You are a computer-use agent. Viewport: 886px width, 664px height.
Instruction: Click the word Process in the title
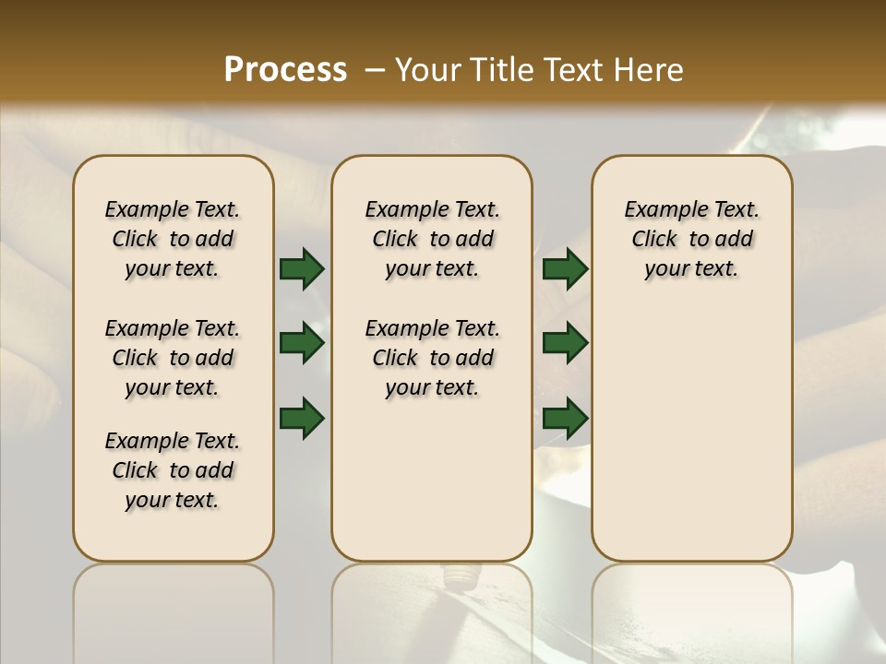click(x=285, y=70)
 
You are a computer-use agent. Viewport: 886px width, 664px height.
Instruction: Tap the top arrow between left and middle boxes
click(x=302, y=269)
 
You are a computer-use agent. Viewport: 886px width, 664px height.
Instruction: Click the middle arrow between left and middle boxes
click(x=302, y=344)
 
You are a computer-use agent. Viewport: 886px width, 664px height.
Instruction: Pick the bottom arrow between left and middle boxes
click(x=302, y=418)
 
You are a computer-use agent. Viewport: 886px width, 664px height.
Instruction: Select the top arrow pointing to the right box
click(x=565, y=269)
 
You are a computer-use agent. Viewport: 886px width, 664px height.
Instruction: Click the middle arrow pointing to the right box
click(x=565, y=344)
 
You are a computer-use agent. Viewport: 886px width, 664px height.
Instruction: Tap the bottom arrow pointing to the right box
click(x=565, y=418)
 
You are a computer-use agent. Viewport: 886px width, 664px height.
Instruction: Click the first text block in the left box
click(x=173, y=239)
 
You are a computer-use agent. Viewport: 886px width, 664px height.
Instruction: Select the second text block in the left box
click(x=173, y=358)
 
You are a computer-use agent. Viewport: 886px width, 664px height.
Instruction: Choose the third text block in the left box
click(x=173, y=470)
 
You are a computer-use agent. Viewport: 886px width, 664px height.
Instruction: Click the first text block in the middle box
click(x=432, y=239)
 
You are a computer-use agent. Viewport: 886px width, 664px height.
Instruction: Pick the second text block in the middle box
click(x=432, y=358)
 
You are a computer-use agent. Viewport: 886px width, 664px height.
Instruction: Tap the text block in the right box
click(x=691, y=239)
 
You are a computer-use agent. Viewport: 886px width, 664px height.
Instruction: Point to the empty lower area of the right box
click(x=691, y=433)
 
